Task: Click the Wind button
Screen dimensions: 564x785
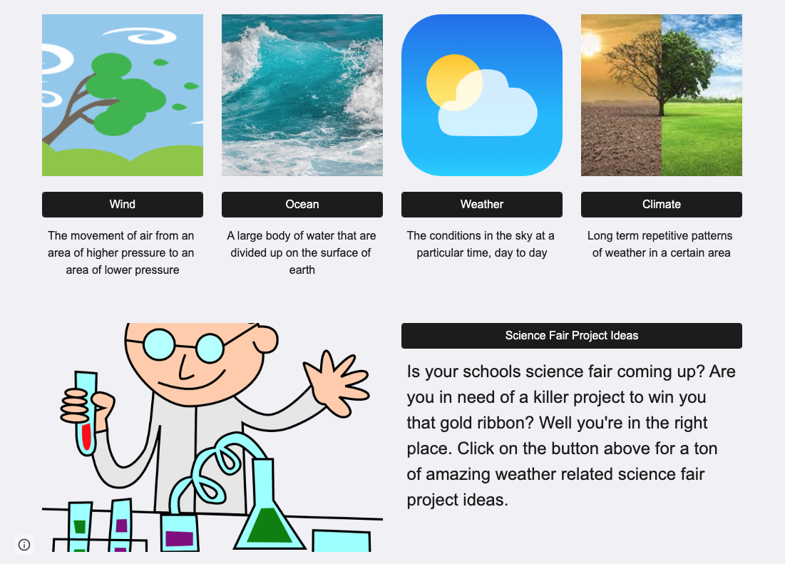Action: click(x=123, y=205)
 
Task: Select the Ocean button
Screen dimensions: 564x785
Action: click(x=302, y=205)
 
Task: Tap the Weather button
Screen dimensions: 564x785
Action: click(x=482, y=205)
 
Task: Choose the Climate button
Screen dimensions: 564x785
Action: click(x=662, y=205)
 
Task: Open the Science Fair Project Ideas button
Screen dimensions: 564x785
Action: click(x=572, y=336)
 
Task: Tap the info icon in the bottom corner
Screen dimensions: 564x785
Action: click(x=24, y=545)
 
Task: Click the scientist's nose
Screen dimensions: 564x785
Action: click(x=265, y=340)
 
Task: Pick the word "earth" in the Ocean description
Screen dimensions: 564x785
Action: click(x=302, y=270)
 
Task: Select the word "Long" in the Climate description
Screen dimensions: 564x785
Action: click(x=600, y=236)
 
